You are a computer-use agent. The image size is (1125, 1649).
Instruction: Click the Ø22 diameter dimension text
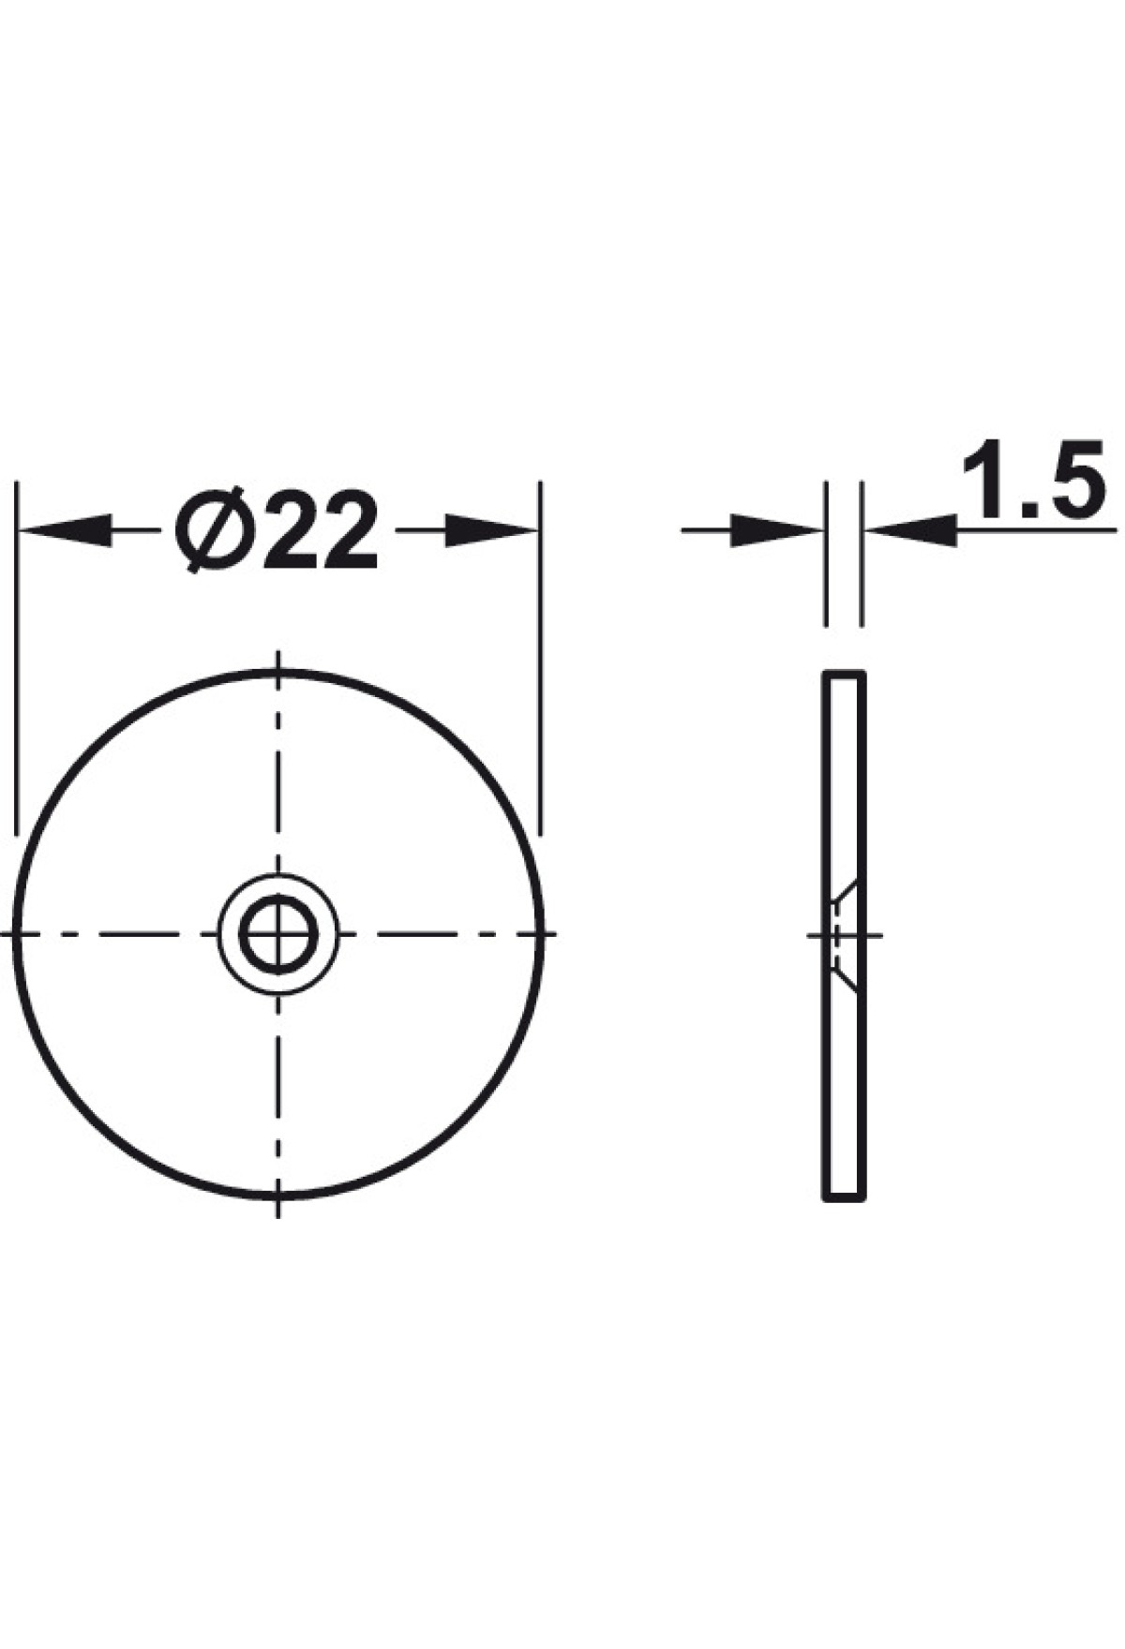277,531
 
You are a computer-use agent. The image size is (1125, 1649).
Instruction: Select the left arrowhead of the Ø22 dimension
66,531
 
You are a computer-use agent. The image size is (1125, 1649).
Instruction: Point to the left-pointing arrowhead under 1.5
910,531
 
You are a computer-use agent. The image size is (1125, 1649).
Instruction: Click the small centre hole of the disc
278,934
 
